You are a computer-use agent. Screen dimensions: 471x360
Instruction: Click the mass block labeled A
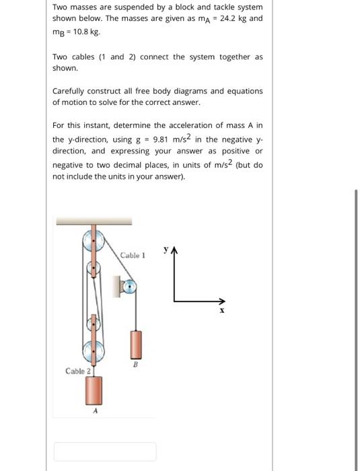coord(94,392)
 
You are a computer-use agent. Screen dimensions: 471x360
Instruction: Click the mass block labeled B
coord(136,345)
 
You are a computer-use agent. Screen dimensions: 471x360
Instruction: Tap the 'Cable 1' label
coord(132,255)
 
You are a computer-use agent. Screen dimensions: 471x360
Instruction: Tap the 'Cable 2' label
coord(77,371)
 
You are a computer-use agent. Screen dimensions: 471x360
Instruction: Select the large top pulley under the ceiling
coord(94,240)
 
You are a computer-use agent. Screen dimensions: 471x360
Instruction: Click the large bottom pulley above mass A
coord(94,351)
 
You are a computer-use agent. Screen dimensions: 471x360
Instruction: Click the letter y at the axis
coord(165,250)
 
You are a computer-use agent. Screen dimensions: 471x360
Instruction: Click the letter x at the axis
coord(221,312)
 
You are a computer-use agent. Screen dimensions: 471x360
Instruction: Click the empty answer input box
coord(105,451)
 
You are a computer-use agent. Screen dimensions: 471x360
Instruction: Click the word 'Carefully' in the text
coord(71,91)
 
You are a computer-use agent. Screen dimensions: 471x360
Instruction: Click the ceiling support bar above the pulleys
coord(94,221)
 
